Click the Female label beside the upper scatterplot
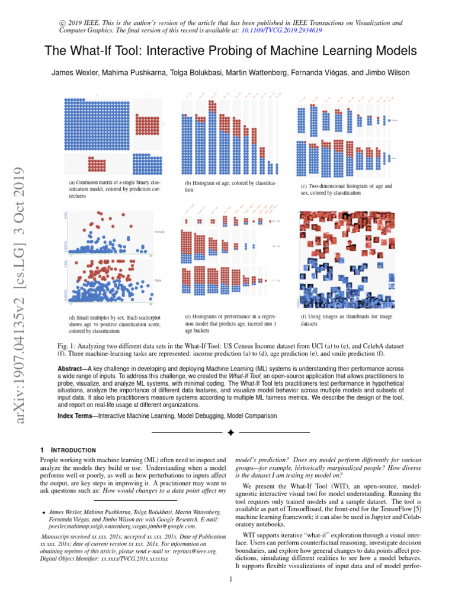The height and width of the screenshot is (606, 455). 159,231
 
